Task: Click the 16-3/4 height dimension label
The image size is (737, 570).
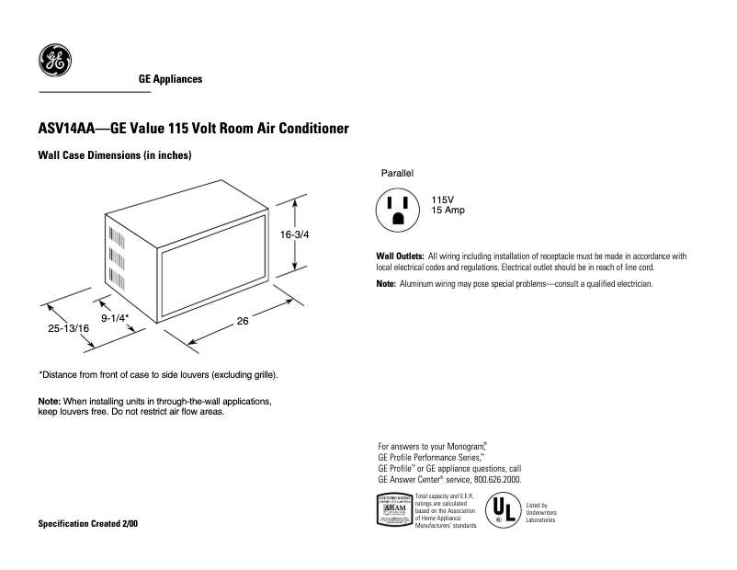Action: pyautogui.click(x=295, y=235)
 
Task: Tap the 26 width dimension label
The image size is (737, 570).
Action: pyautogui.click(x=243, y=321)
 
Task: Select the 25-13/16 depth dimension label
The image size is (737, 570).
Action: pyautogui.click(x=69, y=328)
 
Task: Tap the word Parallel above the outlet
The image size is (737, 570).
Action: pyautogui.click(x=398, y=173)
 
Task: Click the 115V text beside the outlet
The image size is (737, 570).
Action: pyautogui.click(x=443, y=200)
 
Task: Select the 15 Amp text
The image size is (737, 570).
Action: pyautogui.click(x=448, y=211)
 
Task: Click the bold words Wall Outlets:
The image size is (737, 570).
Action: pyautogui.click(x=400, y=256)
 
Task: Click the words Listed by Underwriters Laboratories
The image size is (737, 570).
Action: pyautogui.click(x=541, y=513)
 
